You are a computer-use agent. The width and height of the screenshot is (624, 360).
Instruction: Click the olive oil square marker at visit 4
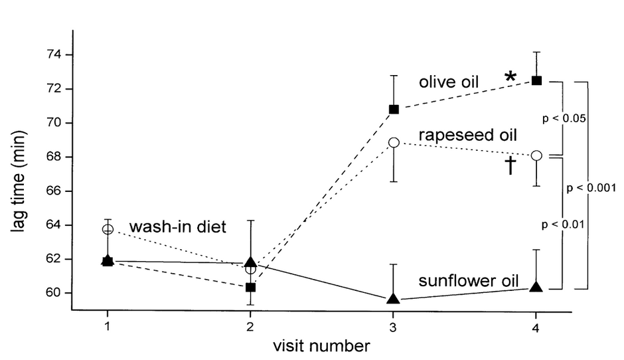point(536,80)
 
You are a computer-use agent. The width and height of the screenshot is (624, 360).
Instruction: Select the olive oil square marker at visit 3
point(394,109)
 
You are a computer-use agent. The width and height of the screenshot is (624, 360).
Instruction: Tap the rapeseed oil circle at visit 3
point(394,142)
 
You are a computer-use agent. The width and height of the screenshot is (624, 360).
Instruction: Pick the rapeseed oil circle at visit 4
point(536,155)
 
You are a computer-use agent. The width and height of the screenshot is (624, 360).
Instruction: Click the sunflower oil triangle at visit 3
point(394,298)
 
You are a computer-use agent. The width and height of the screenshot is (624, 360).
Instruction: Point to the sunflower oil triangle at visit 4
point(536,287)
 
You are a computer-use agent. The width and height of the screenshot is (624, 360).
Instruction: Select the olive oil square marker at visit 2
point(250,288)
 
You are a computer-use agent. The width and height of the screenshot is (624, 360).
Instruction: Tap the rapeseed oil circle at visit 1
point(108,229)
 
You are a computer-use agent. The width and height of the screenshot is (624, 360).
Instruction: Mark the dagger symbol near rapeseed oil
point(510,165)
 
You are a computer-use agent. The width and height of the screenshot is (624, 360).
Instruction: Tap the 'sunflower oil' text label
point(467,280)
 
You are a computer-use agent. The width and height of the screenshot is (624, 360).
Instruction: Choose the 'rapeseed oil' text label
point(467,135)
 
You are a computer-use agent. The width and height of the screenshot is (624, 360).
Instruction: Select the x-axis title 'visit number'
point(321,346)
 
